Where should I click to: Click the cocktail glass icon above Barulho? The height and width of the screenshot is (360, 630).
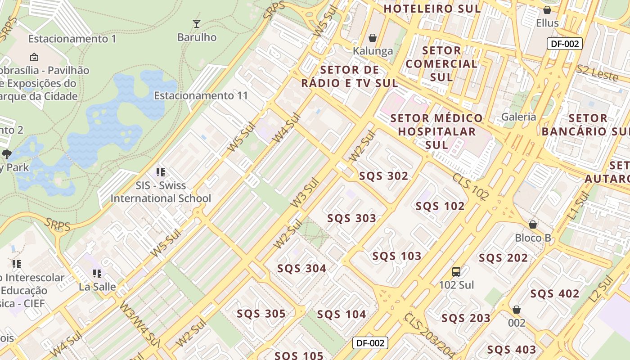point(196,23)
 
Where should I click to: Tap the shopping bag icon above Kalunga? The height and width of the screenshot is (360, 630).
point(373,37)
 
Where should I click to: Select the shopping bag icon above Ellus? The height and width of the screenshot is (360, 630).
point(547,9)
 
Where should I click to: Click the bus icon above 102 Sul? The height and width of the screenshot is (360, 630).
point(456,271)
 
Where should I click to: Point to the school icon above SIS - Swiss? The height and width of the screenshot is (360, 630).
point(161,172)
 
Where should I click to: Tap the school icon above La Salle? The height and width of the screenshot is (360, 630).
point(97,273)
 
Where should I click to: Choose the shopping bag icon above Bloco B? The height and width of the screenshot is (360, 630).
point(533,224)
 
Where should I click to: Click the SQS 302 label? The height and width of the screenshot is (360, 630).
point(383,176)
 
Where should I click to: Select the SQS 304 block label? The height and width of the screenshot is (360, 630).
point(301,269)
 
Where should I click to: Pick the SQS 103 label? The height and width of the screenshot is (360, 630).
point(397,256)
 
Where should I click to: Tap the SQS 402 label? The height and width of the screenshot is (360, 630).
point(555,294)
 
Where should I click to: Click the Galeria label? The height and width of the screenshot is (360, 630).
point(519,117)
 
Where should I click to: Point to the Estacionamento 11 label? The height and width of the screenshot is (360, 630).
point(201,95)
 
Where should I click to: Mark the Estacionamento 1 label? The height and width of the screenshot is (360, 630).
point(72,39)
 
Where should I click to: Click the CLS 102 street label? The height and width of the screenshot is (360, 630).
point(471,186)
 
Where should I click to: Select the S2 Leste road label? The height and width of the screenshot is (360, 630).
point(597,72)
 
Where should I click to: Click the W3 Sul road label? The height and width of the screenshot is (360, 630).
point(305,193)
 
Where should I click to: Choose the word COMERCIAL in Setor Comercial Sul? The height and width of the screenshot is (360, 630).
point(441,63)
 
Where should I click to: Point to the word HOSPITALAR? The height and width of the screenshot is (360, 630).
point(436,131)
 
